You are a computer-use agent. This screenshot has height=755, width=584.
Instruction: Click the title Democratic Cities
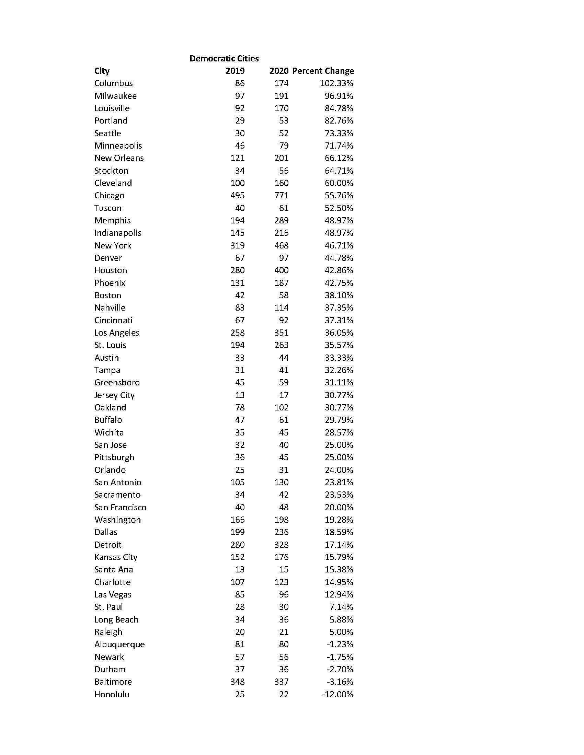(x=224, y=58)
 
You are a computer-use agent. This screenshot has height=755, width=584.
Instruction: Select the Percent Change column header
(x=323, y=71)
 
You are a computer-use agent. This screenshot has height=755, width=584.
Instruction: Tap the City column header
(x=102, y=71)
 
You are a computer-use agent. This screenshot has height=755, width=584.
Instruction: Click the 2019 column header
(x=235, y=71)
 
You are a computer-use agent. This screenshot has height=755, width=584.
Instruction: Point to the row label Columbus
(x=113, y=83)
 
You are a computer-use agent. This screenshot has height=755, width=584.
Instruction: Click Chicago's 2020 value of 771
(x=281, y=196)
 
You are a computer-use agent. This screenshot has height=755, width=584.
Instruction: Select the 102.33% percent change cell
(x=336, y=83)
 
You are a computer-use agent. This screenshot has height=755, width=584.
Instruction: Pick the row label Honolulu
(x=112, y=694)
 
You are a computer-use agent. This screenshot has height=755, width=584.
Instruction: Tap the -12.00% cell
(x=337, y=694)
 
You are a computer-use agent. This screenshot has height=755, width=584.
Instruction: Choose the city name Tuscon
(x=108, y=208)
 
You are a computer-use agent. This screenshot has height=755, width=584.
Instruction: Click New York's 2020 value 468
(x=281, y=245)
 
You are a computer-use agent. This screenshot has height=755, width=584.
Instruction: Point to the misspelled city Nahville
(x=110, y=308)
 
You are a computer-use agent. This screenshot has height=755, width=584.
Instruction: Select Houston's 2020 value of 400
(x=281, y=270)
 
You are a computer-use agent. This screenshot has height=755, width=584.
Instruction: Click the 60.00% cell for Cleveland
(x=339, y=183)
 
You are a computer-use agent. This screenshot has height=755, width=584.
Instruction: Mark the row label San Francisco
(x=120, y=507)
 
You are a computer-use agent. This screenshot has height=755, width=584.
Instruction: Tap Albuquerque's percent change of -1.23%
(x=340, y=644)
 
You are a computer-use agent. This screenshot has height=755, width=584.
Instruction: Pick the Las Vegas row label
(x=113, y=595)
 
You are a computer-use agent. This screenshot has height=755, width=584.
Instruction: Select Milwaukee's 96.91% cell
(x=339, y=96)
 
